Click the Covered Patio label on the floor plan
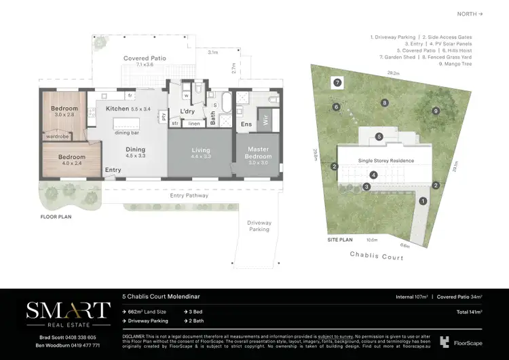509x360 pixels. pos(145,58)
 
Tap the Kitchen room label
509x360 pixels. pos(117,109)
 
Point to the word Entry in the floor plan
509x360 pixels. pos(113,170)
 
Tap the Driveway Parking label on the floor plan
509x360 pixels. pos(259,226)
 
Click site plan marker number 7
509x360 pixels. pos(337,82)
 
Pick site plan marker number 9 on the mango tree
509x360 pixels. pos(436,111)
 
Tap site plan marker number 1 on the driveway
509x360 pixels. pos(423,200)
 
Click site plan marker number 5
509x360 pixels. pos(379,137)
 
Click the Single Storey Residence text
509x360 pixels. pos(385,160)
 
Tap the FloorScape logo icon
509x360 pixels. pos(445,342)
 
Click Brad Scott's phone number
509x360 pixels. pos(82,337)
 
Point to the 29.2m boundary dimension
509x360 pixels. pos(392,72)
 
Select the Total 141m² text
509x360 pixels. pos(468,312)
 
